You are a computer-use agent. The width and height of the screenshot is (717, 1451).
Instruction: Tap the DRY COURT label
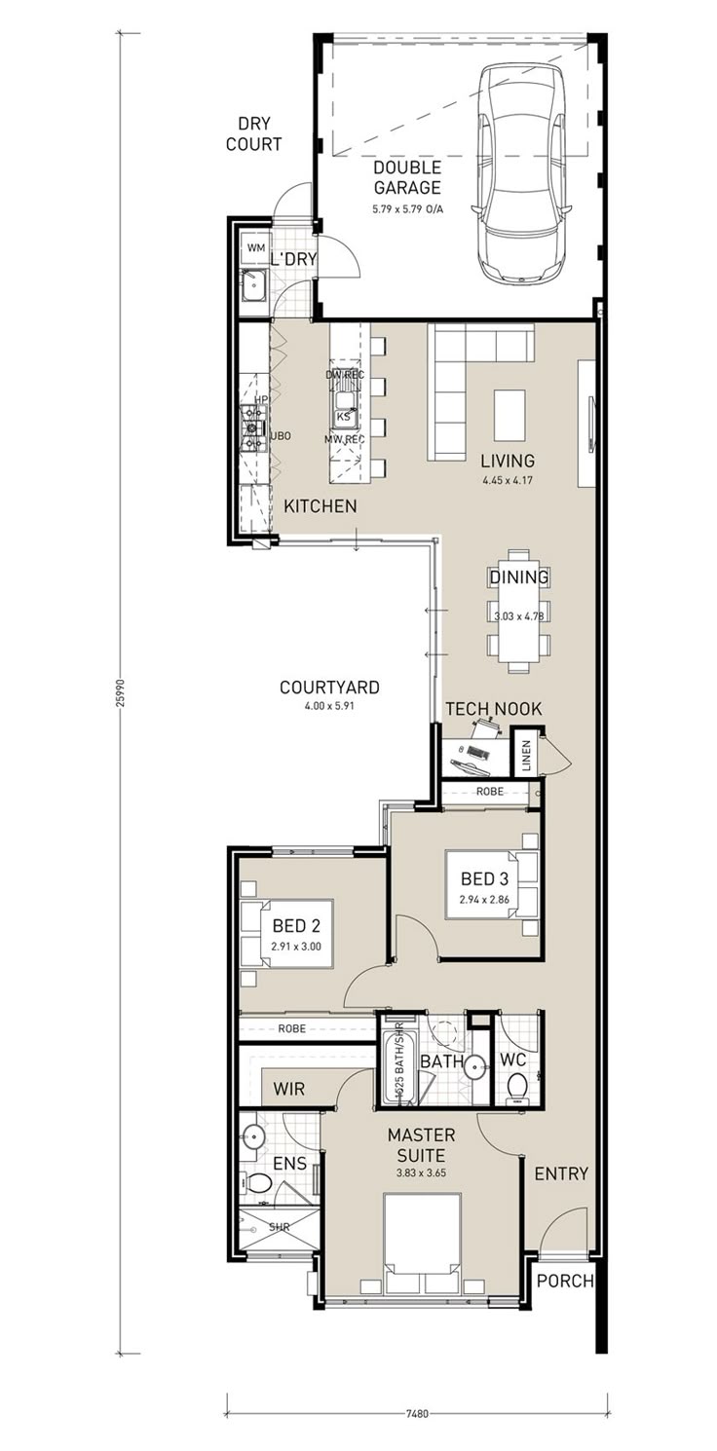253,134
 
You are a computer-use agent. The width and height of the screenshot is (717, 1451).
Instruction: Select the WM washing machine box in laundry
255,248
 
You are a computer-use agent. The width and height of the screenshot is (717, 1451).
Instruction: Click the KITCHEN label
320,506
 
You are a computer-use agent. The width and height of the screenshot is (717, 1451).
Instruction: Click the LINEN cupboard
527,755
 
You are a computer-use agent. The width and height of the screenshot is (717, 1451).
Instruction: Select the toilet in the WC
518,1084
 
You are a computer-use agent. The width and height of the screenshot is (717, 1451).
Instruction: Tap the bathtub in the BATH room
398,1067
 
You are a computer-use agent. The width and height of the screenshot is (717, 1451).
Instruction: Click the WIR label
288,1089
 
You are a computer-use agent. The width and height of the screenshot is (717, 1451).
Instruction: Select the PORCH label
566,1281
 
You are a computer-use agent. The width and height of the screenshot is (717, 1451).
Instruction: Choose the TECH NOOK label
493,709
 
